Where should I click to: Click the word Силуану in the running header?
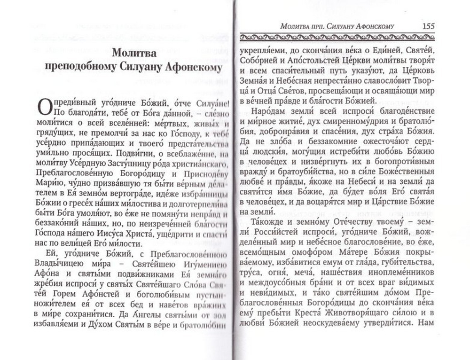click(344, 26)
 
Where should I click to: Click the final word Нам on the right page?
click(429, 323)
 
